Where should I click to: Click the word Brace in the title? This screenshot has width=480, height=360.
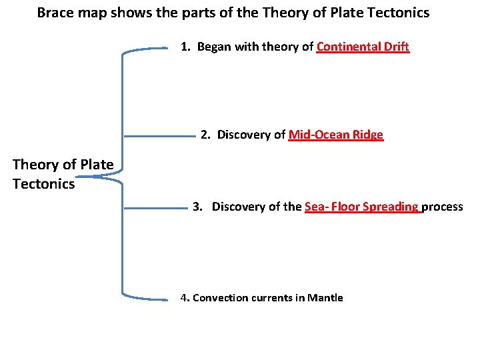(54, 13)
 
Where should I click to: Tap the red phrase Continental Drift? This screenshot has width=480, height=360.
(363, 47)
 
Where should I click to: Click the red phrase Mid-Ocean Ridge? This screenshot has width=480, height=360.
(336, 135)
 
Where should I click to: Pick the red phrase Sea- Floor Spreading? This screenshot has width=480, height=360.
(362, 207)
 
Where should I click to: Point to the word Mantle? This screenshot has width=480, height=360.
(325, 298)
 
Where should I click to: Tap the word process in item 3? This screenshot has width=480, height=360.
(443, 207)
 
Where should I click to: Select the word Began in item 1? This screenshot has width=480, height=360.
(213, 47)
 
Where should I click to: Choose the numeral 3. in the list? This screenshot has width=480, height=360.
(197, 207)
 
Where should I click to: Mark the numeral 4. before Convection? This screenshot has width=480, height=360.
(185, 298)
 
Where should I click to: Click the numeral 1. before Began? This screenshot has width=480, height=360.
(186, 47)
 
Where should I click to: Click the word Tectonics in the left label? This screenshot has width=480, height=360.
(43, 183)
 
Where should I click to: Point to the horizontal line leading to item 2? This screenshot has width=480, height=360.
(159, 136)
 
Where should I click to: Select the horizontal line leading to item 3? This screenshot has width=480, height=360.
(156, 209)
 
